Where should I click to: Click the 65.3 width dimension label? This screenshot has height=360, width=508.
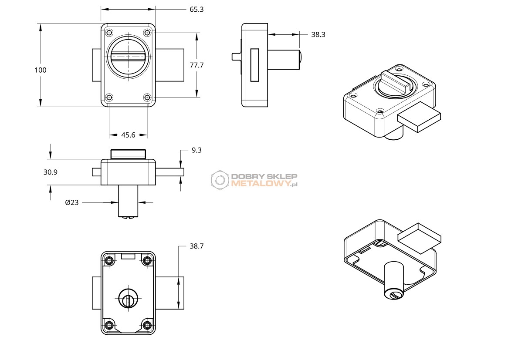click(x=196, y=10)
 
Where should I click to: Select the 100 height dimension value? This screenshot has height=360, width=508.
click(x=41, y=70)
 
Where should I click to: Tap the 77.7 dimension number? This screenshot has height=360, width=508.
click(x=196, y=65)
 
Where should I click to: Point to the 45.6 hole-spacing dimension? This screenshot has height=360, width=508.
click(x=128, y=135)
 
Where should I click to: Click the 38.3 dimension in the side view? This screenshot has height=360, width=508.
click(x=318, y=35)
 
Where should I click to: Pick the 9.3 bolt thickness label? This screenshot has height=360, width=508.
click(x=196, y=150)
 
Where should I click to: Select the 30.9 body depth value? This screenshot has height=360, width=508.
click(x=51, y=172)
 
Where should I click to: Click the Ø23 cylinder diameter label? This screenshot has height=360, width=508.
click(x=72, y=203)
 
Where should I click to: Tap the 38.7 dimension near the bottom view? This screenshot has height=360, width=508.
click(x=196, y=246)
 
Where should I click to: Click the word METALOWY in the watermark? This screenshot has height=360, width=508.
click(x=261, y=184)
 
